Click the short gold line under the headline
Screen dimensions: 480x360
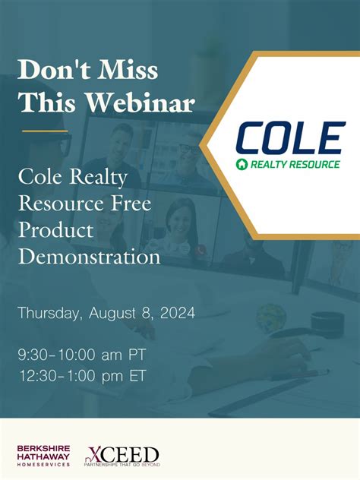coord(45,131)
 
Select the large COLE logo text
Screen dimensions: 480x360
coord(289,138)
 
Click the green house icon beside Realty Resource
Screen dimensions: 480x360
coord(241,164)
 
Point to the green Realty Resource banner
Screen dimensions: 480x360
coord(289,164)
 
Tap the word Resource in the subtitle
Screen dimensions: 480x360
coord(64,204)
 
